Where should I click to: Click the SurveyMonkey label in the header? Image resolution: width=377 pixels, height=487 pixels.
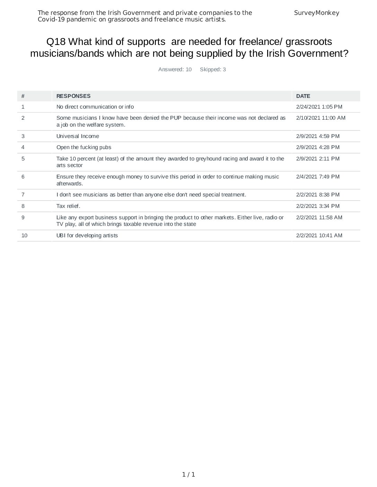click(x=316, y=13)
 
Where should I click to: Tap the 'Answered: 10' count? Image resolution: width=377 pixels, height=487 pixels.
click(x=175, y=70)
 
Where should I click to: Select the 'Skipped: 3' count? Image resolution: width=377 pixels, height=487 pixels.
click(x=213, y=70)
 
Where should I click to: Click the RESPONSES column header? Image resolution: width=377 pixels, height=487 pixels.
click(x=73, y=96)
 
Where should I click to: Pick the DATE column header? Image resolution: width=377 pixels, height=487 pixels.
click(x=303, y=96)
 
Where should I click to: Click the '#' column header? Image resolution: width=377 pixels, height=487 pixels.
click(x=23, y=96)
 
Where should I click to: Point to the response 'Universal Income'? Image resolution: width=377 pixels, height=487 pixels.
click(x=78, y=136)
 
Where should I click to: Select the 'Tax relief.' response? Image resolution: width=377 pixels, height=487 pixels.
click(x=68, y=206)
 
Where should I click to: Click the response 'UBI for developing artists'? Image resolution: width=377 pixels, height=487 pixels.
click(x=87, y=236)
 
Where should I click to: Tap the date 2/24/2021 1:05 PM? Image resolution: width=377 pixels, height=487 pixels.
click(x=319, y=107)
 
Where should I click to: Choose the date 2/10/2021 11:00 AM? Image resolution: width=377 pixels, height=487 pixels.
click(x=321, y=118)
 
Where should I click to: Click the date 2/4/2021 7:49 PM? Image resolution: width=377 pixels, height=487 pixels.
click(x=318, y=177)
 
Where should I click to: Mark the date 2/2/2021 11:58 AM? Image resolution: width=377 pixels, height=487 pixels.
click(x=319, y=218)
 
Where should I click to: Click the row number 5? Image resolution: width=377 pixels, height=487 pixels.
click(x=23, y=159)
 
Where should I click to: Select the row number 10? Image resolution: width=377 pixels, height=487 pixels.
click(x=24, y=236)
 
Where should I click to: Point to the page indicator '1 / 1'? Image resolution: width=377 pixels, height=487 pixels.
click(x=188, y=475)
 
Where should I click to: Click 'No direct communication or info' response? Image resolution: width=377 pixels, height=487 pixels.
click(x=95, y=107)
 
